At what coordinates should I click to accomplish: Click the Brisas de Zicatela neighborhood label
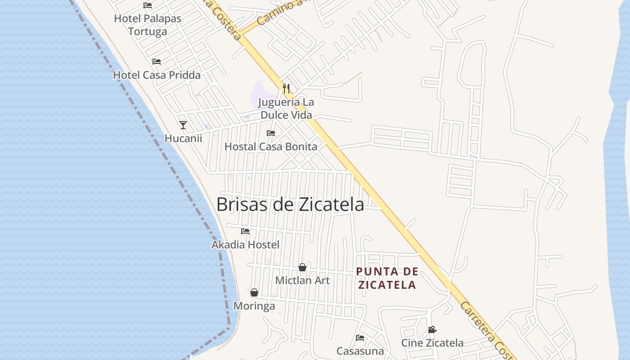click(x=290, y=204)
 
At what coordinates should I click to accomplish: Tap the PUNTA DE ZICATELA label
click(x=387, y=278)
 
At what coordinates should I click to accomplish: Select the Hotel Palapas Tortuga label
click(x=148, y=25)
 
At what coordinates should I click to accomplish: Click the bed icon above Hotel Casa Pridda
click(x=156, y=61)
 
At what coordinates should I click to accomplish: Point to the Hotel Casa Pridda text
click(x=157, y=75)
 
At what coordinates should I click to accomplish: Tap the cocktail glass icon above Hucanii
click(x=183, y=125)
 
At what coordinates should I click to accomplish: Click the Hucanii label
click(x=183, y=138)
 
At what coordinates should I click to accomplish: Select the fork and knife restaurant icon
click(x=286, y=88)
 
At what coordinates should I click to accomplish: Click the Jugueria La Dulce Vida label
click(x=286, y=108)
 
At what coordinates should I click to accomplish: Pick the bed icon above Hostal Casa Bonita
click(x=271, y=133)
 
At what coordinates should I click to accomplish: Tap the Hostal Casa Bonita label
click(x=271, y=146)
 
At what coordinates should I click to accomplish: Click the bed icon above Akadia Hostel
click(x=245, y=231)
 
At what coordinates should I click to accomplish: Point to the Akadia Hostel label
click(x=245, y=244)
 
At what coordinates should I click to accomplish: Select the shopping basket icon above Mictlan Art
click(x=302, y=267)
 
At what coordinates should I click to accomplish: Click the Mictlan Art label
click(x=302, y=280)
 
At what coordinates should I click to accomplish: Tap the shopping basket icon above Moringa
click(x=254, y=292)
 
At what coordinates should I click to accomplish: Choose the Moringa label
click(x=254, y=306)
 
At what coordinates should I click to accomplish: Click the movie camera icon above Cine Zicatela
click(x=432, y=329)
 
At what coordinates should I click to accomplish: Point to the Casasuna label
click(x=360, y=351)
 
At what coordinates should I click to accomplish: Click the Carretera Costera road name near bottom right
click(x=486, y=331)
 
